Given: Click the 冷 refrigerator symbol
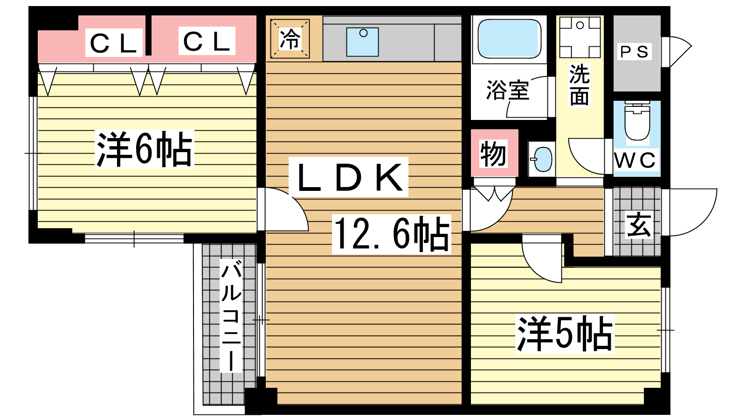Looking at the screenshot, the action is (290, 39).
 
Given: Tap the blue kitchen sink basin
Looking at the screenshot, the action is (362, 42).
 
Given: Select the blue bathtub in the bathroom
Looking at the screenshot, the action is (509, 38).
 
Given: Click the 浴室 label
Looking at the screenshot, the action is (508, 90).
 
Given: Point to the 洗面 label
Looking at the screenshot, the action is (580, 85).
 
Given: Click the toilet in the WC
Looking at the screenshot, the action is (637, 121).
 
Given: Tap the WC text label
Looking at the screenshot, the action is (635, 160).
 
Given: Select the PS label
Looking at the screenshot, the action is (634, 52).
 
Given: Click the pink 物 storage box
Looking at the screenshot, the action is (494, 153).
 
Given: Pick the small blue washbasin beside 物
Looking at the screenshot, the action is (543, 159).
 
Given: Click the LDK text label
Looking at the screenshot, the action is (349, 177).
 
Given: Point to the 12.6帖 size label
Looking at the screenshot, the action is (392, 234).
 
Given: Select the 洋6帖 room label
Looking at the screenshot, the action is (145, 149).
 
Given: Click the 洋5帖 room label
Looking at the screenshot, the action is (565, 334).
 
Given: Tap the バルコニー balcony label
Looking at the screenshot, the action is (231, 315).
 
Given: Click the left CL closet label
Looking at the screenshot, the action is (114, 42).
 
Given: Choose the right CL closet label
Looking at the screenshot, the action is (207, 41).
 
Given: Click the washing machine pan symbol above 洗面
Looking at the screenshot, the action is (580, 38).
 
